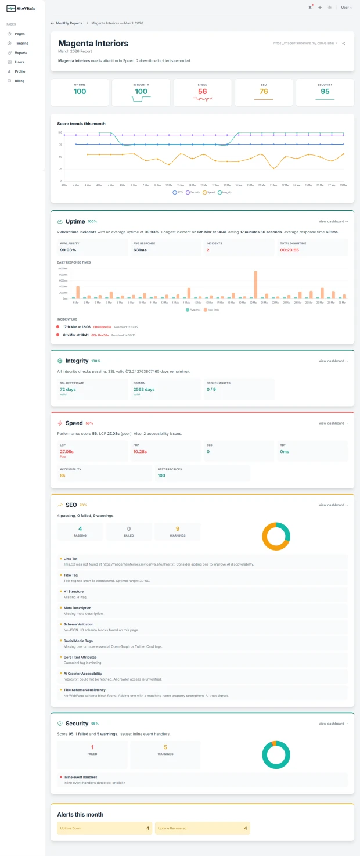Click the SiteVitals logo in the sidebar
(20, 8)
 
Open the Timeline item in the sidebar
(21, 44)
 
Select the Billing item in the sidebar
(19, 81)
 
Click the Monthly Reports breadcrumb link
(69, 23)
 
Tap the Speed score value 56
(202, 92)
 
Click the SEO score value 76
(264, 92)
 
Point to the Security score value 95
(325, 92)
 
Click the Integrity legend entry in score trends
(225, 192)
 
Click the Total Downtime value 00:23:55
(289, 250)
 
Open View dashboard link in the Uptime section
(333, 221)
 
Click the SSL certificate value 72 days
(68, 389)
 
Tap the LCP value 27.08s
(66, 451)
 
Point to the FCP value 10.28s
(140, 451)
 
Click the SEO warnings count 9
(177, 529)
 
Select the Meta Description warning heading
(77, 608)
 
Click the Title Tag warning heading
(70, 575)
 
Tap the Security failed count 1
(92, 747)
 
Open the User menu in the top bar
(346, 8)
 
